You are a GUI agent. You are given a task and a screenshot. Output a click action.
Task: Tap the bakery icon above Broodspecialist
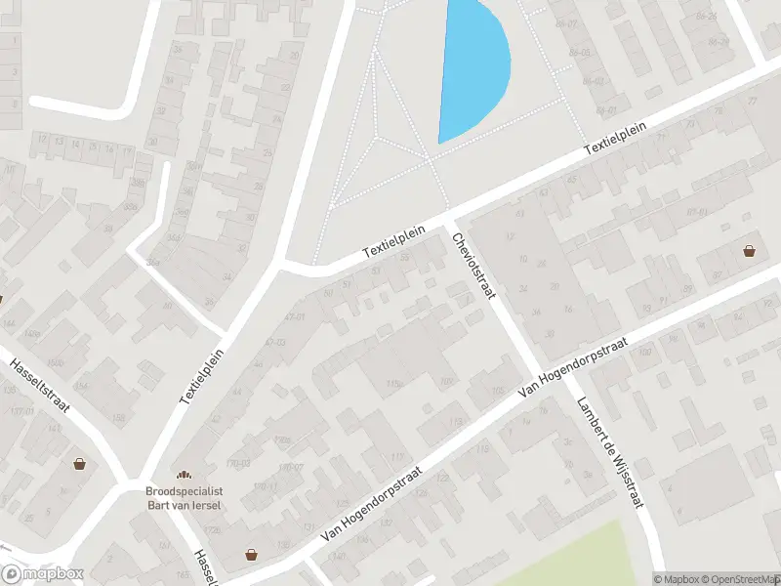coord(184,473)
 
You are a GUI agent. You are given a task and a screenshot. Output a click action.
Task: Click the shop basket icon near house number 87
coord(749,251)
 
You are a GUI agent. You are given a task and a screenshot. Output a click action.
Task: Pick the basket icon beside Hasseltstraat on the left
coord(79,464)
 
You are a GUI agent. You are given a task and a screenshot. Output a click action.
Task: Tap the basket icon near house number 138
coord(252,554)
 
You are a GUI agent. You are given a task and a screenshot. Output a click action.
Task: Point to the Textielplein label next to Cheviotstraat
coord(394,238)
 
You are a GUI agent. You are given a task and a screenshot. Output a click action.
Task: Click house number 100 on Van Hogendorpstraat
coord(447,381)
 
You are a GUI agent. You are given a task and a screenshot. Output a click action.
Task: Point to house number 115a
coord(394,384)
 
